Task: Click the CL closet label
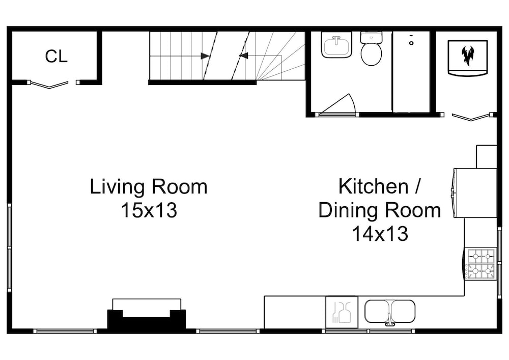(56, 56)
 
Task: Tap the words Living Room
(148, 187)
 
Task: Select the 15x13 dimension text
(149, 210)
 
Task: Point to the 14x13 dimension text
(380, 233)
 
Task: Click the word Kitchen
(373, 186)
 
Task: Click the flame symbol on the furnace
(467, 56)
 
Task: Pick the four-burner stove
(480, 264)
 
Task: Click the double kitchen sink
(390, 311)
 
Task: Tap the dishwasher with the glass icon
(342, 312)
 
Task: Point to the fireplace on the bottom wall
(147, 314)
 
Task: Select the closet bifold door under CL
(49, 84)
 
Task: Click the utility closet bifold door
(471, 117)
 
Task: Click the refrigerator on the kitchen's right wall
(474, 193)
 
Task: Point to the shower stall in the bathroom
(411, 72)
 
